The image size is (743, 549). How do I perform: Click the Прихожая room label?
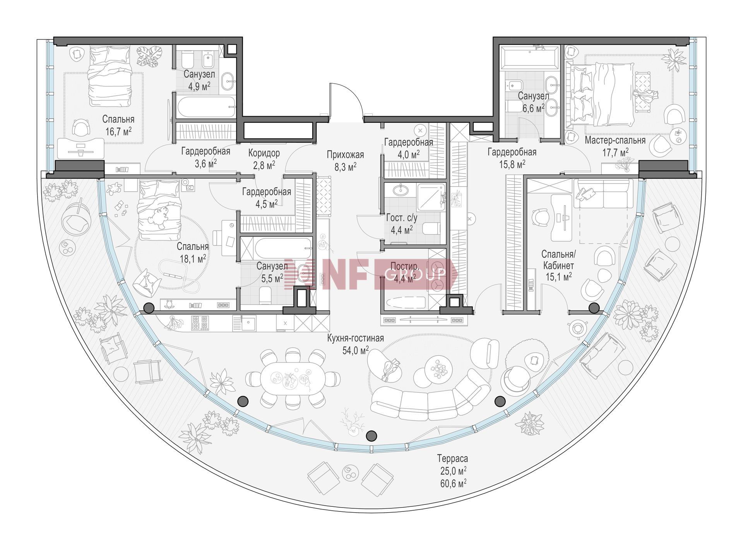point(345,155)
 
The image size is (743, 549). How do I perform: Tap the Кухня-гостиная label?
point(355,338)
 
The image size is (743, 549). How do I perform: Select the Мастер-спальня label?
point(615,140)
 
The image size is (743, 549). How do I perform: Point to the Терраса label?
point(452,459)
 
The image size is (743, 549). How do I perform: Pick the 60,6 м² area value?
point(452,483)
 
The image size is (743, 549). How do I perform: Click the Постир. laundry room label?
point(404,266)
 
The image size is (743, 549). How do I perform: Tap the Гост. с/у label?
point(402,218)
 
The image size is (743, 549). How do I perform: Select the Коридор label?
point(264,153)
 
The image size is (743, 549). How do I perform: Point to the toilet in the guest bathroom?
point(431,229)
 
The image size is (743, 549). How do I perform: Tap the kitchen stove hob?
point(200,323)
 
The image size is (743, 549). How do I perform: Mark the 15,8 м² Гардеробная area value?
point(512,164)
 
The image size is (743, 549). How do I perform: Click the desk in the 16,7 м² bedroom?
point(80,147)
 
